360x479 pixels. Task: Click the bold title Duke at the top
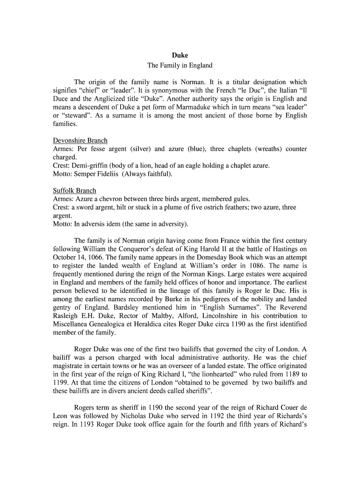[x=180, y=55]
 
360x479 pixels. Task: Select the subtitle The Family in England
[x=180, y=65]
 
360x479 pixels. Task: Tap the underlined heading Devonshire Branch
[x=80, y=140]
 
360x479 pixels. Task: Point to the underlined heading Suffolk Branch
[x=75, y=190]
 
